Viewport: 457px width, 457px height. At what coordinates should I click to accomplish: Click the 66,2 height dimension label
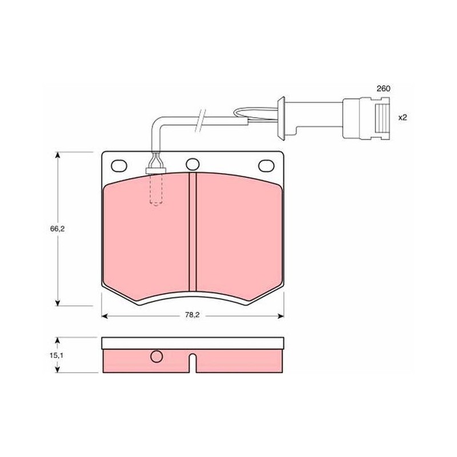coord(57,229)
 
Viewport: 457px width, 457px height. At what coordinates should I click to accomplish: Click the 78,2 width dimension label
coord(193,315)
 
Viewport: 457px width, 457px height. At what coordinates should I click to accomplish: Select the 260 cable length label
coord(383,89)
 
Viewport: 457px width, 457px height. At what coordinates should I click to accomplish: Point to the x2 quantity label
coord(403,118)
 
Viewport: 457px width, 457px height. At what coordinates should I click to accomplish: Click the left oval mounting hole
coord(119,166)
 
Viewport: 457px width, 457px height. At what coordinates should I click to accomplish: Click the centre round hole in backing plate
coord(193,165)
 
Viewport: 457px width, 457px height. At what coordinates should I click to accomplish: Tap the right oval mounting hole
coord(266,166)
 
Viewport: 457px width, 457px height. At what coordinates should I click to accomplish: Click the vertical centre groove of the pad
coord(193,232)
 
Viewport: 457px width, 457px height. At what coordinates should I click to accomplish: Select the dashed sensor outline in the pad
coord(156,190)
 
